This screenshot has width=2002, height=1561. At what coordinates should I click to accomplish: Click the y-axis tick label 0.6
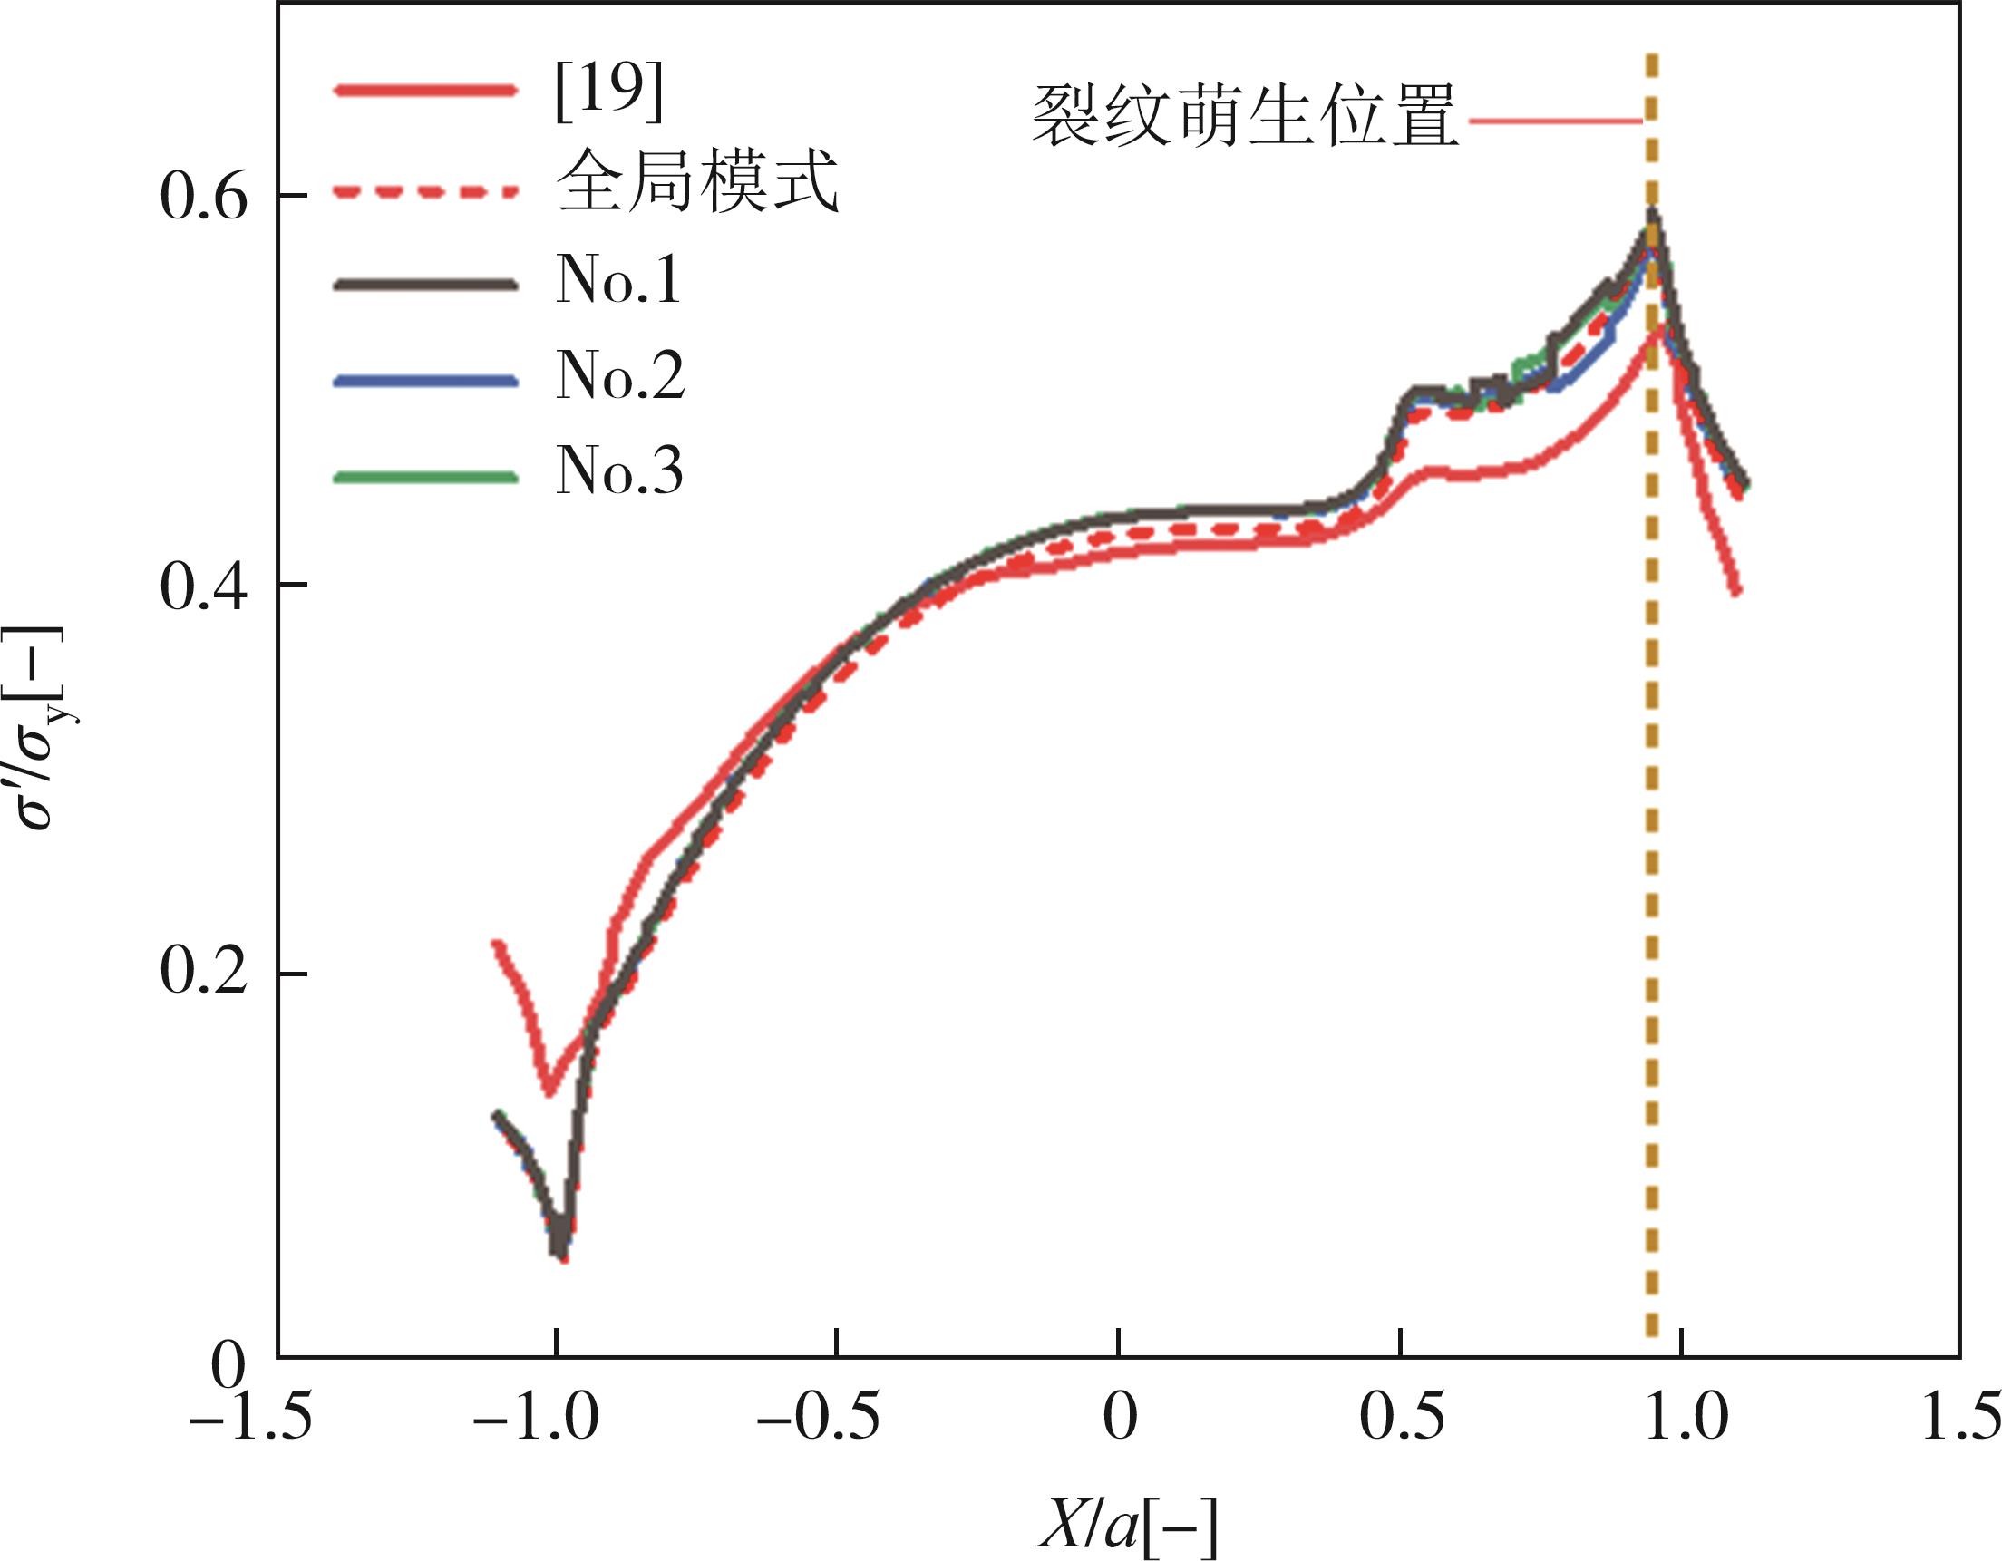tap(203, 197)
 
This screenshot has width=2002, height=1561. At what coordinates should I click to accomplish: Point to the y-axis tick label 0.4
tap(203, 586)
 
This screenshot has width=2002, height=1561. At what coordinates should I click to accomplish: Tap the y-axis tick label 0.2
tap(203, 974)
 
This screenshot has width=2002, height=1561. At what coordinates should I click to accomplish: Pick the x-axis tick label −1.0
tap(536, 1418)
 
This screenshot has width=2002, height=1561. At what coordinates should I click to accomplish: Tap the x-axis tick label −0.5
tap(818, 1418)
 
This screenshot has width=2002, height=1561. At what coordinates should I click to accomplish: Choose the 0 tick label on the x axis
tap(1119, 1418)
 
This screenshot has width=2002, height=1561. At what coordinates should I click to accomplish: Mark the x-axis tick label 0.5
tap(1401, 1418)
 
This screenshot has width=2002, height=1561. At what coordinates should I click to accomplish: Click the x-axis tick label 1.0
tap(1683, 1418)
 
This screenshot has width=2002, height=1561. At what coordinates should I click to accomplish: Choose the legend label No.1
tap(618, 280)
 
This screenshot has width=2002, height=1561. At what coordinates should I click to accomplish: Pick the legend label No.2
tap(620, 377)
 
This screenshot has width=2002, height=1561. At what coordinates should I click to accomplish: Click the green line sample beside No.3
tap(425, 476)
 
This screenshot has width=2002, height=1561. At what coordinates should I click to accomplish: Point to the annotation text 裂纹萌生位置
tap(1244, 117)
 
